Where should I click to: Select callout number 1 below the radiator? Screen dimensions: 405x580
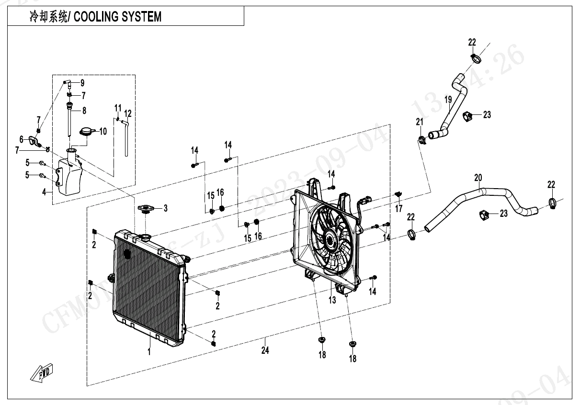click(149, 352)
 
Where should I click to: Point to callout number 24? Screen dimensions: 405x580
click(265, 350)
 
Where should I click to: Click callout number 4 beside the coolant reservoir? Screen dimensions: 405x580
click(44, 192)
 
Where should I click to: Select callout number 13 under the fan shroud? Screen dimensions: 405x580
click(332, 300)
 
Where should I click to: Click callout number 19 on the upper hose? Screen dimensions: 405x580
click(449, 100)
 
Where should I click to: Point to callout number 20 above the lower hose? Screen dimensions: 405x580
click(478, 178)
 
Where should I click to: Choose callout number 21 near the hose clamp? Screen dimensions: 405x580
click(420, 122)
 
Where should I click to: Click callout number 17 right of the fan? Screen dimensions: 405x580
click(398, 208)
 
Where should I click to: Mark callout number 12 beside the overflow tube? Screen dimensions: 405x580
click(127, 114)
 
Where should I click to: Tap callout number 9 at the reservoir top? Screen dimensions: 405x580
click(82, 82)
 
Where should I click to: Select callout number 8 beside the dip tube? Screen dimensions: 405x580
click(84, 111)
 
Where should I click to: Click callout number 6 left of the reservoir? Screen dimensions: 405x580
click(21, 139)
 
